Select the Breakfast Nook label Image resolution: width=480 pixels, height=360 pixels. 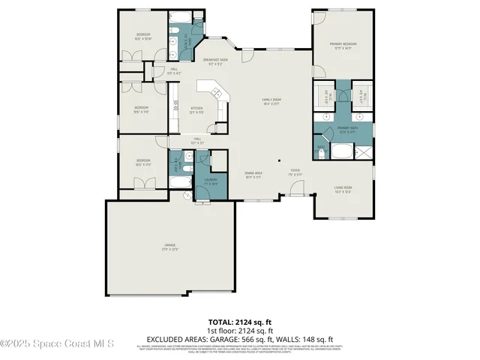(x=215, y=61)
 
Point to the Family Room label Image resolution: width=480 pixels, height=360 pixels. (x=271, y=102)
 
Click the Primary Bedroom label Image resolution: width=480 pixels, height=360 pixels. (x=343, y=46)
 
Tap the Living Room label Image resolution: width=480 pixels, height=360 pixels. (x=343, y=189)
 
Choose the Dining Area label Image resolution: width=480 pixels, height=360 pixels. (x=252, y=175)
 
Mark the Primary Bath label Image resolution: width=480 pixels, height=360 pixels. (x=346, y=130)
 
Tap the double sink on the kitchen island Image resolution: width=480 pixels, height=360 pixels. (x=217, y=92)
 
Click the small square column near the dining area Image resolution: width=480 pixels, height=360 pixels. (x=278, y=160)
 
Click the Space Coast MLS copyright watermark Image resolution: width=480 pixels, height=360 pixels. (x=57, y=344)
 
